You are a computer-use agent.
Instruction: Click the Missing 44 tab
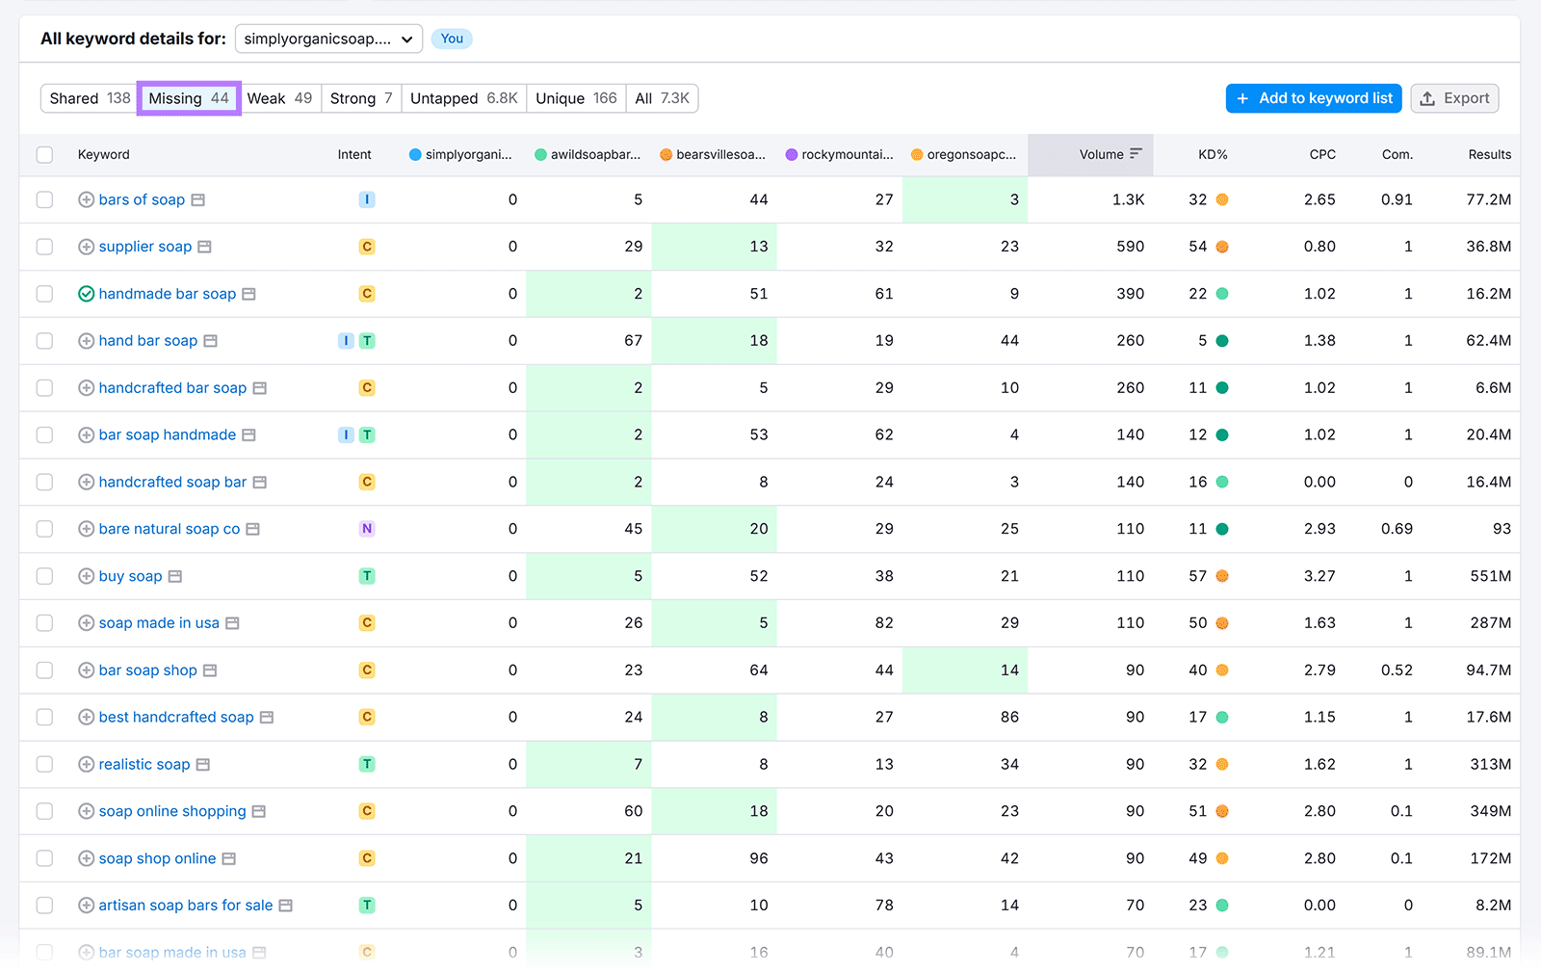(x=189, y=98)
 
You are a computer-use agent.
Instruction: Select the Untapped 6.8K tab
(x=463, y=98)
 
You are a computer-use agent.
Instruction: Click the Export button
(x=1454, y=98)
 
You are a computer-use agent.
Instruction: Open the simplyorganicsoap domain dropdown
(x=328, y=39)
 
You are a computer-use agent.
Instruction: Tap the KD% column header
(x=1212, y=154)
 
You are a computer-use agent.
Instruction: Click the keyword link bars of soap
(x=142, y=199)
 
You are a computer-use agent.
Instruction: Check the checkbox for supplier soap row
(x=44, y=247)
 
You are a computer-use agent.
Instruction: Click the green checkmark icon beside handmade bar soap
(x=86, y=294)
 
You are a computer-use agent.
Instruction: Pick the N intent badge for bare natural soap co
(x=367, y=529)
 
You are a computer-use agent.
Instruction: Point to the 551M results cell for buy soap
(x=1490, y=576)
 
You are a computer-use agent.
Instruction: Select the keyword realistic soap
(x=144, y=764)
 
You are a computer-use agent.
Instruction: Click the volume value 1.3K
(x=1128, y=199)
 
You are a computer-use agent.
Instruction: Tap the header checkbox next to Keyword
(x=44, y=154)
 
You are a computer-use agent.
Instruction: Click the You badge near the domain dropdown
(x=452, y=39)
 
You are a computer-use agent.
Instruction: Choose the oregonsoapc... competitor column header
(x=970, y=154)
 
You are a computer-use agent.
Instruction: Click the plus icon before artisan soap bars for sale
(x=86, y=906)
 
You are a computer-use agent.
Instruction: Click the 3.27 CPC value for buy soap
(x=1319, y=576)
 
